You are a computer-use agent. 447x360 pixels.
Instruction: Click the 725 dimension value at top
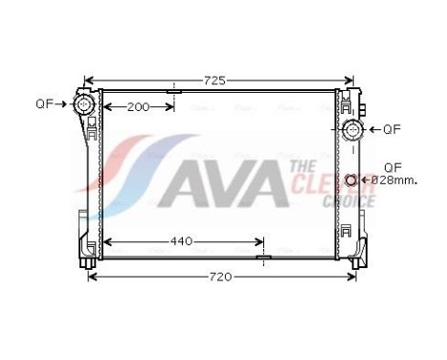coord(217,80)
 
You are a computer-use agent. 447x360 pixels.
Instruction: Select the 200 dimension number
coord(139,106)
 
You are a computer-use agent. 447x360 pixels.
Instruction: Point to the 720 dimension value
coord(221,277)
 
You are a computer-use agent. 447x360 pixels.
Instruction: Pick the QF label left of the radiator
coord(44,102)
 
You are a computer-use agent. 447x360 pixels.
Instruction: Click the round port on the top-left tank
coord(85,102)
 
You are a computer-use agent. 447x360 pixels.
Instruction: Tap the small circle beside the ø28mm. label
coord(352,180)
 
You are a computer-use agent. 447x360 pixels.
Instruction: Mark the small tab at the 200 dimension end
coord(173,92)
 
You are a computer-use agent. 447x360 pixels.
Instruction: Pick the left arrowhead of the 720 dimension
coord(92,277)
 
